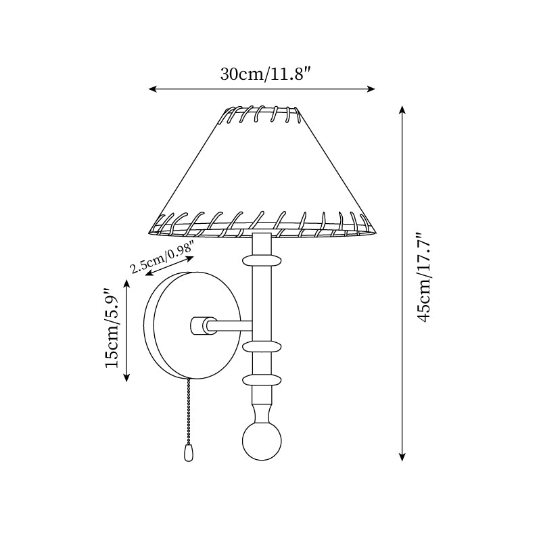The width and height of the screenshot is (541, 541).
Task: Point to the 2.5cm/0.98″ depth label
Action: pos(162,258)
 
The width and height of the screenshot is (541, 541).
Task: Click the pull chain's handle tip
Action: pos(189,452)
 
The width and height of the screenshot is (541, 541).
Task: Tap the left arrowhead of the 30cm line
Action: pos(151,89)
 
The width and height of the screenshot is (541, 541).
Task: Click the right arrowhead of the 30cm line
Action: pos(373,89)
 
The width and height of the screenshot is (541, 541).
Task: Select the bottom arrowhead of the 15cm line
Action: pos(126,379)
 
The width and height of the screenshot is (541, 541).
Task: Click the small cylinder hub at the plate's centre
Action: pos(199,325)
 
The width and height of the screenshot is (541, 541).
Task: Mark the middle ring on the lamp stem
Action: pos(262,346)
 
